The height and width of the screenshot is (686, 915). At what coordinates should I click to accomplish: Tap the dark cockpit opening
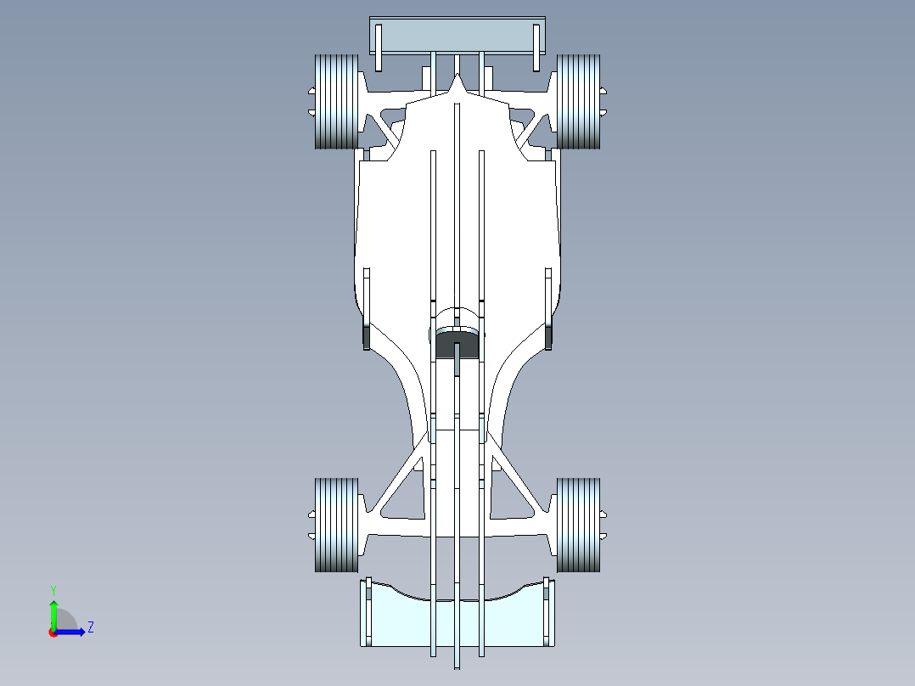[x=457, y=345]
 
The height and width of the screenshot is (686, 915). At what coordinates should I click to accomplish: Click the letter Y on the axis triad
[x=53, y=589]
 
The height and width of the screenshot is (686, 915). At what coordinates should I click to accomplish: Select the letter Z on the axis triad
[x=91, y=627]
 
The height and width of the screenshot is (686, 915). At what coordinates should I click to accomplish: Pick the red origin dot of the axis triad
[x=53, y=633]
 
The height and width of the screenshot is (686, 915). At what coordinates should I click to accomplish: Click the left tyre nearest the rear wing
[x=336, y=102]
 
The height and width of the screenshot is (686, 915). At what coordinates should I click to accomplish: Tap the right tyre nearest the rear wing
[x=578, y=102]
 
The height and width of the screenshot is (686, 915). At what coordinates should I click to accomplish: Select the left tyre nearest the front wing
[x=336, y=525]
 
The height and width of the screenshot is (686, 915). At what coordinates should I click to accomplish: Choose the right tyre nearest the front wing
[x=578, y=525]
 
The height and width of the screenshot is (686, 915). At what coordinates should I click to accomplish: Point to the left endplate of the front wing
[x=368, y=612]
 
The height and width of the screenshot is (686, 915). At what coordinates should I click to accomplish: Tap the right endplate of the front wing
[x=547, y=612]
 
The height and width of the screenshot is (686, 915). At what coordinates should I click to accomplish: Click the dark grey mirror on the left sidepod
[x=367, y=336]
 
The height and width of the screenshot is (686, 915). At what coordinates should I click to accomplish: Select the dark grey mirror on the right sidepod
[x=548, y=336]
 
